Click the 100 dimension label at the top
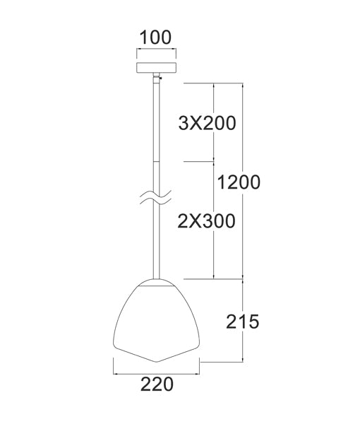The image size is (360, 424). click(x=155, y=37)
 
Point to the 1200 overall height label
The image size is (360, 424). click(x=239, y=182)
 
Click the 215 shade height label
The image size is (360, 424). click(x=244, y=322)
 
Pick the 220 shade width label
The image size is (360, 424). click(x=156, y=384)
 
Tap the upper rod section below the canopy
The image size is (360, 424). click(x=155, y=117)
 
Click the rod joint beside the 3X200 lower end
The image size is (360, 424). click(x=155, y=161)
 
